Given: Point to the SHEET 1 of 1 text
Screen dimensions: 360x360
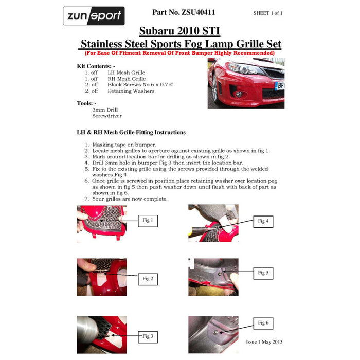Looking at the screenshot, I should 268,13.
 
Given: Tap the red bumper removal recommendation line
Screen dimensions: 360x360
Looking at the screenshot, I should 179,52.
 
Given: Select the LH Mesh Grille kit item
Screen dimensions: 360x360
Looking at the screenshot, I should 126,73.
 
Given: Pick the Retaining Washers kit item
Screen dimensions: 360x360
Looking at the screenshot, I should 131,91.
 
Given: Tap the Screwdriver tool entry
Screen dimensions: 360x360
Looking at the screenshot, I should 107,116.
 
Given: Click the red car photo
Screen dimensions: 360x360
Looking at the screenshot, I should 246,82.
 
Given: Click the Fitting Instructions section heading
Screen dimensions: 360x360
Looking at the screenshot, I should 131,132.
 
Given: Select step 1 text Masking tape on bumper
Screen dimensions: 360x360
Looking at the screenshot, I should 124,145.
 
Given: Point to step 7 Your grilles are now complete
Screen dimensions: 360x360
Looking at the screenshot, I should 129,199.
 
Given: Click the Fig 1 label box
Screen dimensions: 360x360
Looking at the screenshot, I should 148,221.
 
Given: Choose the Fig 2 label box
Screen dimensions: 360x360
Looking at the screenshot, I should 148,279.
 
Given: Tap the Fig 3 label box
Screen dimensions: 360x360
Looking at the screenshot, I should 148,336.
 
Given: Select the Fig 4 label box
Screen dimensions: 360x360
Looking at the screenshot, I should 263,221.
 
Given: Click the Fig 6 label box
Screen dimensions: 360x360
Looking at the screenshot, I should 263,323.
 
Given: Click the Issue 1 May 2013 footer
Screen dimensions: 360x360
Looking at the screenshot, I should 264,342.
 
